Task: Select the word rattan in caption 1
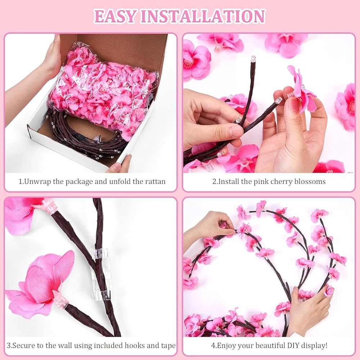155,181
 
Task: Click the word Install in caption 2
228,181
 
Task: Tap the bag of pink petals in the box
104,90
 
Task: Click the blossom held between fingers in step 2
302,90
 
